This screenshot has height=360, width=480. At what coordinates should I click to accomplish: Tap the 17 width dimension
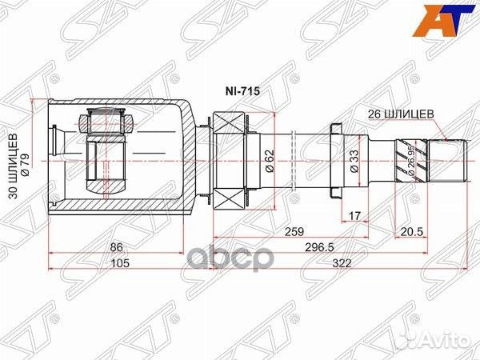click(355, 214)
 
